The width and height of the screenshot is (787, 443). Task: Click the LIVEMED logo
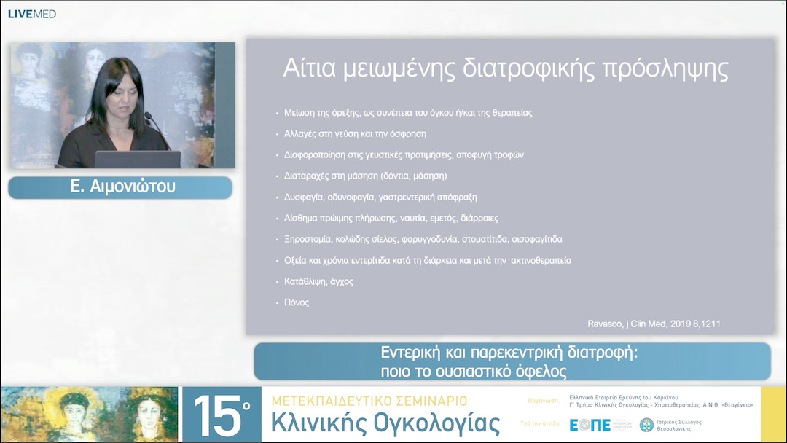coord(32,14)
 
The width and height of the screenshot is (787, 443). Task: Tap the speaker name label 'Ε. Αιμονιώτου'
coord(120,187)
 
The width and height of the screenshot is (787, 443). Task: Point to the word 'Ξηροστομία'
coord(307,239)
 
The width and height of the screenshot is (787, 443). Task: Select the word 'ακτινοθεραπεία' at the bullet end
coord(541,260)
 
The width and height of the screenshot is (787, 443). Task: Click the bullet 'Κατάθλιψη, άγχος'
coord(318,281)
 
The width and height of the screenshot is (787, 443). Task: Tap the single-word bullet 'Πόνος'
coord(297,302)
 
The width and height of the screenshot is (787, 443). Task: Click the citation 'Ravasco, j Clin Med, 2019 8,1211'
coord(654,324)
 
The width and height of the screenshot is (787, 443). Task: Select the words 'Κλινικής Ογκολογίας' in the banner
coord(385,423)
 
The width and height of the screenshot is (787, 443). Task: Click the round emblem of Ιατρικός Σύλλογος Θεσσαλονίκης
coord(646,425)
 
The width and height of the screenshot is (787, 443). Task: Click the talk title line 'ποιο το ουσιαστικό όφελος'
coord(473,370)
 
